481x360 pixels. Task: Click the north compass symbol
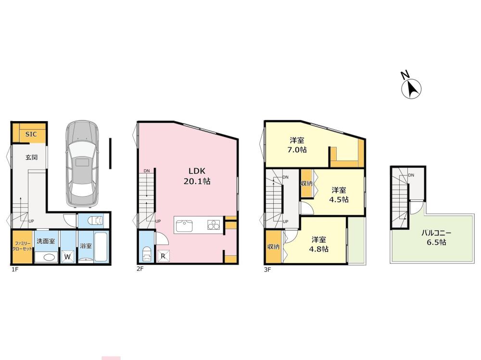pos(411,87)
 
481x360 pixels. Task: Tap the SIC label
pos(31,134)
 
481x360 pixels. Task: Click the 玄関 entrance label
pos(31,157)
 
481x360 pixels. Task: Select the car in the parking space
pos(82,164)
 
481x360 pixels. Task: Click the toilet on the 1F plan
pos(95,221)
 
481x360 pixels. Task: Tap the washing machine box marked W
pos(68,256)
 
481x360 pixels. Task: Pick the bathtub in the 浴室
pos(101,247)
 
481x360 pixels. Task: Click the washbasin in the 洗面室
pos(46,257)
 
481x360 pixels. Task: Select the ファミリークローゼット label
pos(22,246)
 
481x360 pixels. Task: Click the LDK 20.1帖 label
pos(197,176)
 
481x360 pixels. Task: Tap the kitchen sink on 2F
pos(184,226)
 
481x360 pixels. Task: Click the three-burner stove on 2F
pos(214,225)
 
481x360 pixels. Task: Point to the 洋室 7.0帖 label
pos(297,145)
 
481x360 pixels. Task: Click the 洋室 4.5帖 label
pos(339,195)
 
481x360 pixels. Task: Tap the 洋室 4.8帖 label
pos(319,244)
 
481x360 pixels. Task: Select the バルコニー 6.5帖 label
pos(436,237)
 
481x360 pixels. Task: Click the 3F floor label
pos(267,270)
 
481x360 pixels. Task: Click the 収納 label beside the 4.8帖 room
pos(273,246)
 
